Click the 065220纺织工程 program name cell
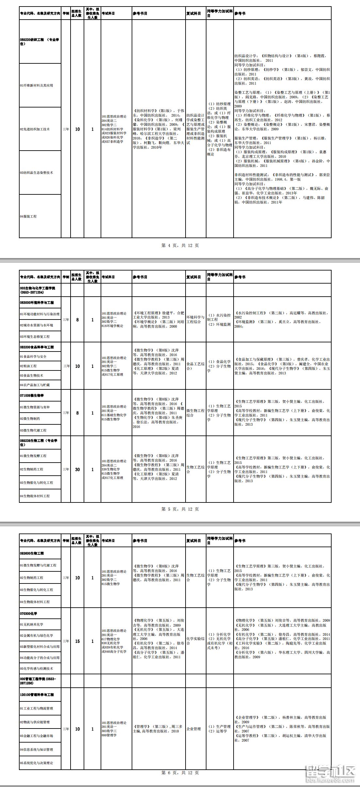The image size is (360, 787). click(x=40, y=41)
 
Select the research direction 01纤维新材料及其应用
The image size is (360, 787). click(x=37, y=85)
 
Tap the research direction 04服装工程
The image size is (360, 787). click(x=28, y=216)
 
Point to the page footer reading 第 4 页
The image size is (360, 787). click(x=180, y=245)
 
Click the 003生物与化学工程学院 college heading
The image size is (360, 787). click(x=38, y=290)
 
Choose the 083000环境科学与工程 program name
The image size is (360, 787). click(x=37, y=303)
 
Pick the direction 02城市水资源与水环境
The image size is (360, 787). click(x=37, y=325)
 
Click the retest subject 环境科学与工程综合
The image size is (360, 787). click(x=195, y=320)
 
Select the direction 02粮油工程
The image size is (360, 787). click(x=28, y=366)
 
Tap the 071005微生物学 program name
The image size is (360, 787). click(x=32, y=395)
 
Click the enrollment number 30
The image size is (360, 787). click(x=77, y=469)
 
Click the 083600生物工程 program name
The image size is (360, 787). click(x=32, y=553)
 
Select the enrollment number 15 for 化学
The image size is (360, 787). click(x=77, y=641)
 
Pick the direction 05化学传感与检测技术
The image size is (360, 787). click(x=37, y=668)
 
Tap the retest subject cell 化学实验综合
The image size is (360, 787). click(x=195, y=641)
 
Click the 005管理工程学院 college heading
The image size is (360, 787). click(x=38, y=681)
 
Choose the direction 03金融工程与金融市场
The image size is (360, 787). click(x=37, y=736)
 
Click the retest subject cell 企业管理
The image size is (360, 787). click(x=194, y=729)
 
